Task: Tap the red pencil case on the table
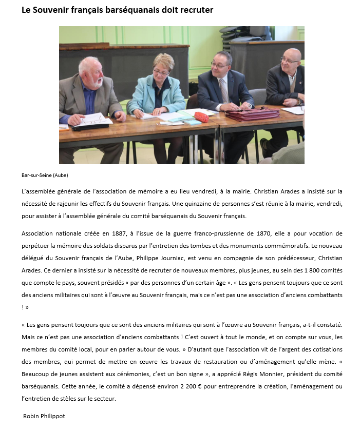pyautogui.click(x=201, y=117)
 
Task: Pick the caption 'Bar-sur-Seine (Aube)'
pyautogui.click(x=45, y=175)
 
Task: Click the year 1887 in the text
pyautogui.click(x=147, y=234)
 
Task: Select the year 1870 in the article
pyautogui.click(x=278, y=234)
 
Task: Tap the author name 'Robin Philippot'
pyautogui.click(x=44, y=416)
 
